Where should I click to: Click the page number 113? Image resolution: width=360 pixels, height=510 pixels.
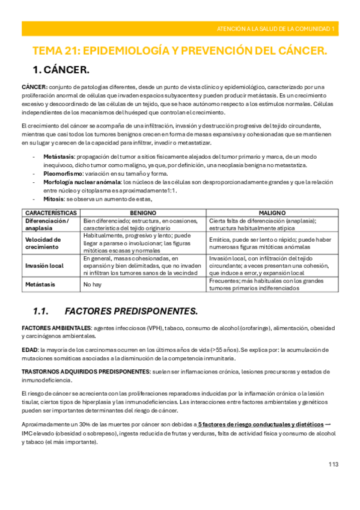(x=334, y=464)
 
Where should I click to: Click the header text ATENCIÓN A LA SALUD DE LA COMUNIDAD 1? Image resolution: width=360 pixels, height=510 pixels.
(x=277, y=28)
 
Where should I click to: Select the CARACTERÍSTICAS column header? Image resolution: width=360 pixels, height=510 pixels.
(x=50, y=213)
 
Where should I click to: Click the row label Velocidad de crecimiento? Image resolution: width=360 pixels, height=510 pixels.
(x=43, y=243)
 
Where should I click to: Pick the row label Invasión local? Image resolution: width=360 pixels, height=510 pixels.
(x=45, y=265)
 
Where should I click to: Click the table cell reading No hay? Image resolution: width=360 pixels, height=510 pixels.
(x=92, y=284)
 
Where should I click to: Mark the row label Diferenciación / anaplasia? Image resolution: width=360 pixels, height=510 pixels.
(x=47, y=224)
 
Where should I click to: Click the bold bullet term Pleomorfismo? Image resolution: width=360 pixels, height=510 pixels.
(x=63, y=173)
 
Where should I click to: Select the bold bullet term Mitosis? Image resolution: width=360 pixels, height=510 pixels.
(x=55, y=198)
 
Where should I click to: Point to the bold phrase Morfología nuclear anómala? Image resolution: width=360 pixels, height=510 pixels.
(x=82, y=182)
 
